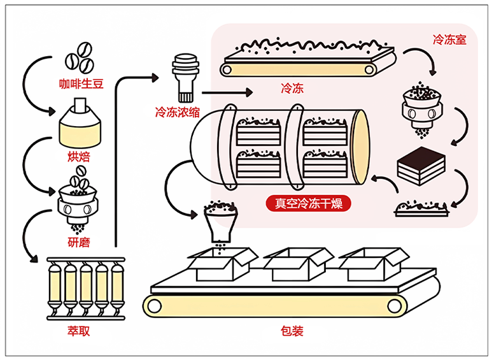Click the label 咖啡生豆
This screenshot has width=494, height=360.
(80, 83)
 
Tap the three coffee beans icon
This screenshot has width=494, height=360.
(80, 57)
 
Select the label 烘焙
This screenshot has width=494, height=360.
(80, 155)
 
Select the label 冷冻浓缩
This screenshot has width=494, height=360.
(178, 112)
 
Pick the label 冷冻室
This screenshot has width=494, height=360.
(449, 40)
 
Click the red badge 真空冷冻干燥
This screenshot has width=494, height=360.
(308, 204)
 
